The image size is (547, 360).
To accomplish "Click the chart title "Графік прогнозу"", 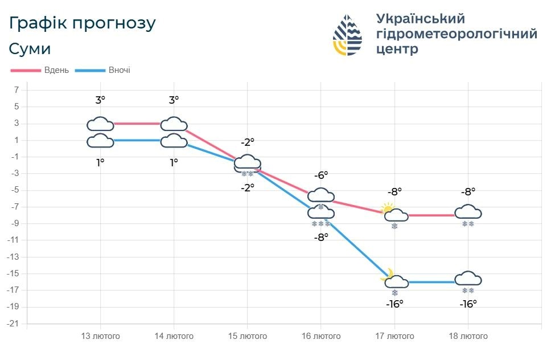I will (82, 23).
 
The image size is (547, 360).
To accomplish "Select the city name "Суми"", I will (30, 49).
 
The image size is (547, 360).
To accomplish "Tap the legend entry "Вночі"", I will (120, 70).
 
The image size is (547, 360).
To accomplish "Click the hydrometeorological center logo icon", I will (347, 35).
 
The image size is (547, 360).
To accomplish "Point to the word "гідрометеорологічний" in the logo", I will (456, 34).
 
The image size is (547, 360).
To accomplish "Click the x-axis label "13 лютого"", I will (101, 336).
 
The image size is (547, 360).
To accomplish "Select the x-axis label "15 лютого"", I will (248, 336).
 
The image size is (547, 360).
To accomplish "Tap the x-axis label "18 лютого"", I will (468, 336).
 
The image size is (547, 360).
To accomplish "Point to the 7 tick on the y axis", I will (17, 90).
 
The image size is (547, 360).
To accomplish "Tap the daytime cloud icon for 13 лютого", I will (101, 124).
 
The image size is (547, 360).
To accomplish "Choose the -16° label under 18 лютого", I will (468, 304).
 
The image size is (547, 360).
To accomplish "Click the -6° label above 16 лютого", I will (321, 175).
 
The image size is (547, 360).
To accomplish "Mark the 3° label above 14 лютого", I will (174, 100).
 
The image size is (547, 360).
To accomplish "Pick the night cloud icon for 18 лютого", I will (468, 279).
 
